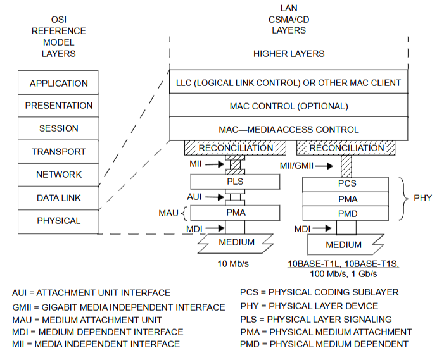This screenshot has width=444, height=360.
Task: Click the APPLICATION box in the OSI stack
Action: (x=58, y=83)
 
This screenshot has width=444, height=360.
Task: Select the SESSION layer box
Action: (x=58, y=128)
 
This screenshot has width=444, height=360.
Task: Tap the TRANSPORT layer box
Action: (x=58, y=152)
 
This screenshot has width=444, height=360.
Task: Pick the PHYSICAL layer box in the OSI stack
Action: (x=58, y=221)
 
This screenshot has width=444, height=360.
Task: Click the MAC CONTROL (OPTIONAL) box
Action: (x=289, y=106)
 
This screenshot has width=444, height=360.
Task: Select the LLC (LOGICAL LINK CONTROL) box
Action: (x=289, y=83)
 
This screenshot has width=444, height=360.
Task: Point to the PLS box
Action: (x=235, y=182)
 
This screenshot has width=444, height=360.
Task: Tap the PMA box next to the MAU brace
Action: (x=235, y=212)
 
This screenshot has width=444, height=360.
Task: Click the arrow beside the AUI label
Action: (x=213, y=197)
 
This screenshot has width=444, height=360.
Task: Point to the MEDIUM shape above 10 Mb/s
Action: (x=236, y=242)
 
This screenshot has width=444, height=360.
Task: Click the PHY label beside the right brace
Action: (x=422, y=198)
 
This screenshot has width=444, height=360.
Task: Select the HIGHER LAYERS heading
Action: (x=289, y=54)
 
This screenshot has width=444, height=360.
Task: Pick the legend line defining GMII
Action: (x=118, y=307)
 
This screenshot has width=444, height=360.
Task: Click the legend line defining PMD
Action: (x=324, y=344)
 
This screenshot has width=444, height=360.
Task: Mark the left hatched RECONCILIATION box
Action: (x=236, y=148)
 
